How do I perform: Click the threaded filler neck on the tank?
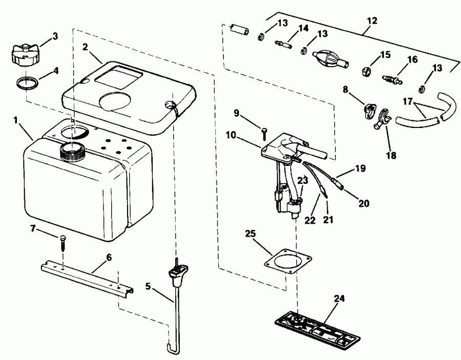(x=71, y=150)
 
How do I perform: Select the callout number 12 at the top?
(x=372, y=20)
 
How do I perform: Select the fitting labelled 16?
(x=391, y=79)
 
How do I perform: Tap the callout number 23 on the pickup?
(x=303, y=180)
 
